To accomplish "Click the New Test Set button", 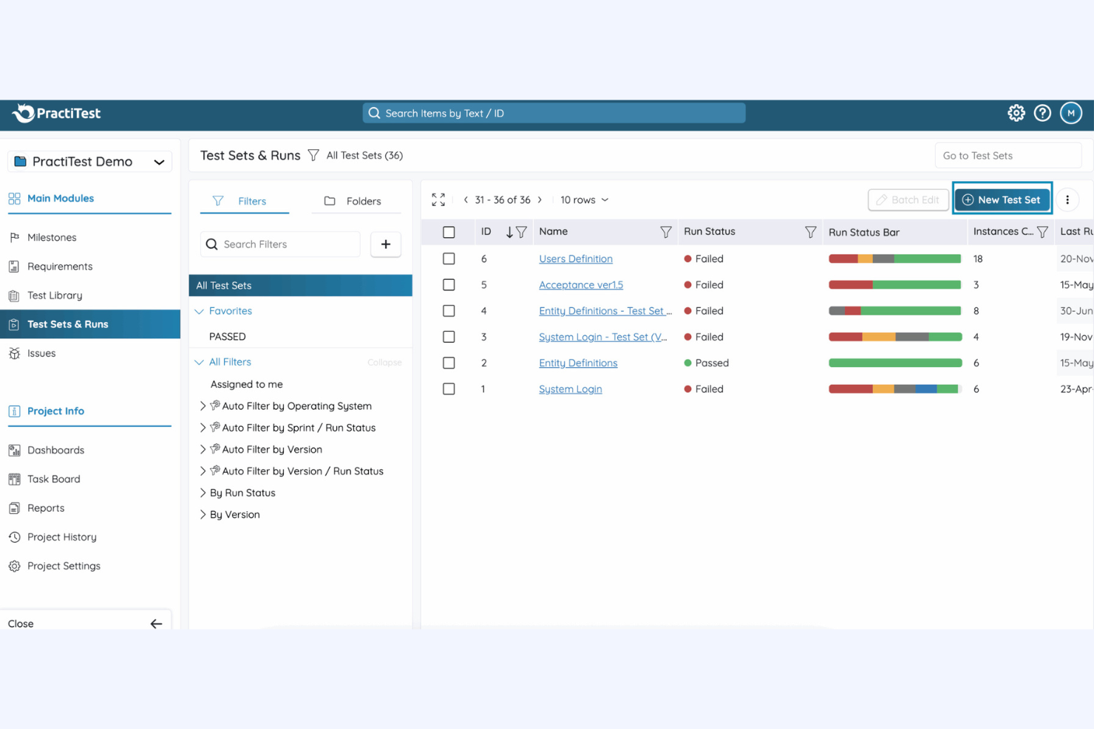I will pos(1002,199).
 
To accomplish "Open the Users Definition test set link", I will pos(575,259).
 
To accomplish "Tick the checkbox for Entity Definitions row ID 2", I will pos(449,363).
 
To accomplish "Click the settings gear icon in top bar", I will pos(1016,113).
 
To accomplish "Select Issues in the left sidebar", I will pos(41,353).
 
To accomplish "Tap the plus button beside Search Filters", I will pos(385,244).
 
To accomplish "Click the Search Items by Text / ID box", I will pos(554,113).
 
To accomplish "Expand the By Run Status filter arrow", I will pos(203,493).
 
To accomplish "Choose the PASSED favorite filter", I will pos(228,336).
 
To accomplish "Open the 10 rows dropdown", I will pos(584,199).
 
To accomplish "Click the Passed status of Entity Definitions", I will pos(711,363).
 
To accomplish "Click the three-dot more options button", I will pos(1067,199).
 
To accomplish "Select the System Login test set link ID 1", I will pos(570,389).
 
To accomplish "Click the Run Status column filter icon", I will pos(810,232).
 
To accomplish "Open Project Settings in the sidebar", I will pos(64,566).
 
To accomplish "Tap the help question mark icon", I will pos(1042,113).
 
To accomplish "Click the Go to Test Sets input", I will pos(1007,156).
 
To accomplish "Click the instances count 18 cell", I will pos(978,259).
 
